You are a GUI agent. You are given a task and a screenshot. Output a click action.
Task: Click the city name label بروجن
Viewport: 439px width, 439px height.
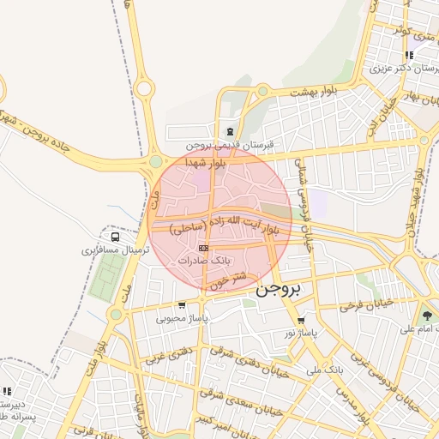280,290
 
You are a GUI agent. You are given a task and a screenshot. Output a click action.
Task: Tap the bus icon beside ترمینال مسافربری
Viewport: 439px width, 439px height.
115,237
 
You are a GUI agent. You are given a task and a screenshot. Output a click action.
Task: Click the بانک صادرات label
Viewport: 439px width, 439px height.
202,260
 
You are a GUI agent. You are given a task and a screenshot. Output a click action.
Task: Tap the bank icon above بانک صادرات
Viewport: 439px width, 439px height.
203,248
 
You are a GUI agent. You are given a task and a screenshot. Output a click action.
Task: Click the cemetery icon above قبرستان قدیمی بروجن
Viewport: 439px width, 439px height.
229,132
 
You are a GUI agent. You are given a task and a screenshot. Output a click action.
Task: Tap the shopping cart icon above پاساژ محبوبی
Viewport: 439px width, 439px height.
182,304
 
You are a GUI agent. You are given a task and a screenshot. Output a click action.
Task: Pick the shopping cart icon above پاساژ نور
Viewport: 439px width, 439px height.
300,320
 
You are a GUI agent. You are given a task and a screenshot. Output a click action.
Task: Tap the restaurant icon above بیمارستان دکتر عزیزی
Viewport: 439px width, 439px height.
409,55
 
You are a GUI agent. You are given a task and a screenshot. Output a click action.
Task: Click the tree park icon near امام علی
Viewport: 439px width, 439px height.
427,316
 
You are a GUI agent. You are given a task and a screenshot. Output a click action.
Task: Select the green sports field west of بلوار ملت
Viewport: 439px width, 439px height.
105,277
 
